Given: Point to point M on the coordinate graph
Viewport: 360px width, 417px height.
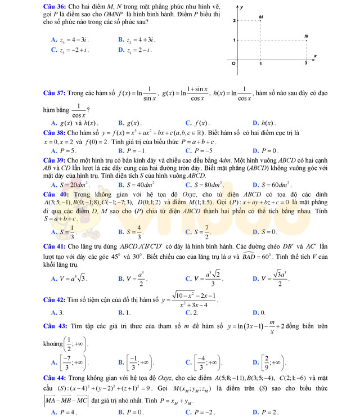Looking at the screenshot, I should [260, 21].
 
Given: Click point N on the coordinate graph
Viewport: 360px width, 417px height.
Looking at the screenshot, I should [306, 40].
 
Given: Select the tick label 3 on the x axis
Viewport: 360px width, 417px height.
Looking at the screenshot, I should [306, 63].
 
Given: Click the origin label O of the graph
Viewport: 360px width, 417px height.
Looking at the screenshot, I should [234, 64].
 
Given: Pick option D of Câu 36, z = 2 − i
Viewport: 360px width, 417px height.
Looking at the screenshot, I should [134, 50].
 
